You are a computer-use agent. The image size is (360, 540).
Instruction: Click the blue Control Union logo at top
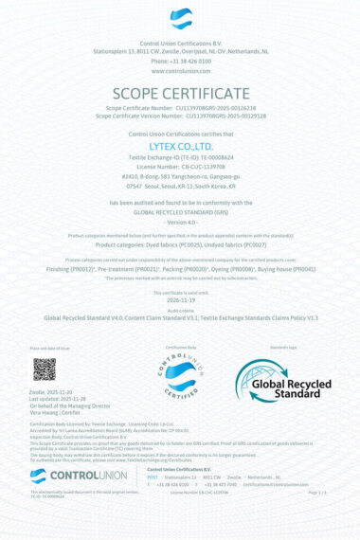(180, 19)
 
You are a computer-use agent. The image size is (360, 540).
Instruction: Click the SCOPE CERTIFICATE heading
(180, 94)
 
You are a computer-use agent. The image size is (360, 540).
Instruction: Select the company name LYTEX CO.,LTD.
(180, 147)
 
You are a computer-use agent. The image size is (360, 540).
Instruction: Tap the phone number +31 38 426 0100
(180, 62)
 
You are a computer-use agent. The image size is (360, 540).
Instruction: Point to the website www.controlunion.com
(180, 71)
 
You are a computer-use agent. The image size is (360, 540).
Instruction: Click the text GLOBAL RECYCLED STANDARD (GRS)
(180, 213)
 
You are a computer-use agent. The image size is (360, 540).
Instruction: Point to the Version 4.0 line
(180, 223)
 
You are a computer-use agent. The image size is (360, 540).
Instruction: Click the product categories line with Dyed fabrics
(180, 243)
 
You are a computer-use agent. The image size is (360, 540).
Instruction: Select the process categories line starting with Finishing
(180, 269)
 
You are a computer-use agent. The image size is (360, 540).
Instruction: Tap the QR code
(45, 369)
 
